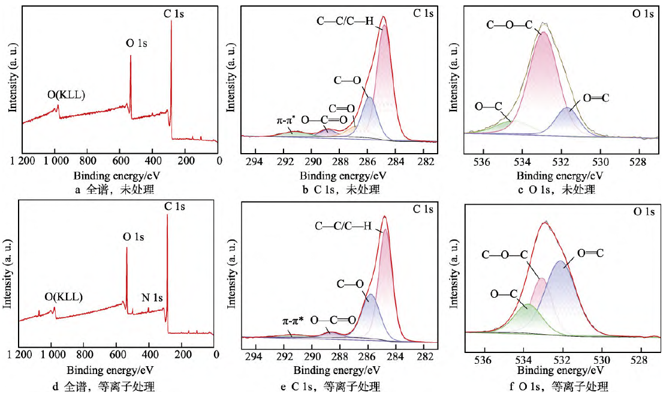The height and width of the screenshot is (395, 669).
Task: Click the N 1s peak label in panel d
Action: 152,297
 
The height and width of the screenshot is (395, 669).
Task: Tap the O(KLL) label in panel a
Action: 67,94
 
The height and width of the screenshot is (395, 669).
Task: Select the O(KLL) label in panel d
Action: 64,297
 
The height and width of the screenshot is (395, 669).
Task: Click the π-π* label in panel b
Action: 287,119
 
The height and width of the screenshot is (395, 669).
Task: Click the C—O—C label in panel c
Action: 509,26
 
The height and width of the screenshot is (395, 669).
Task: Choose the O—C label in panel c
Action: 487,106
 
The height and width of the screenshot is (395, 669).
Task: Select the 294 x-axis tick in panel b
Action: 255,161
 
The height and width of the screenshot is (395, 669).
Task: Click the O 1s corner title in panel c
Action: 643,13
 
